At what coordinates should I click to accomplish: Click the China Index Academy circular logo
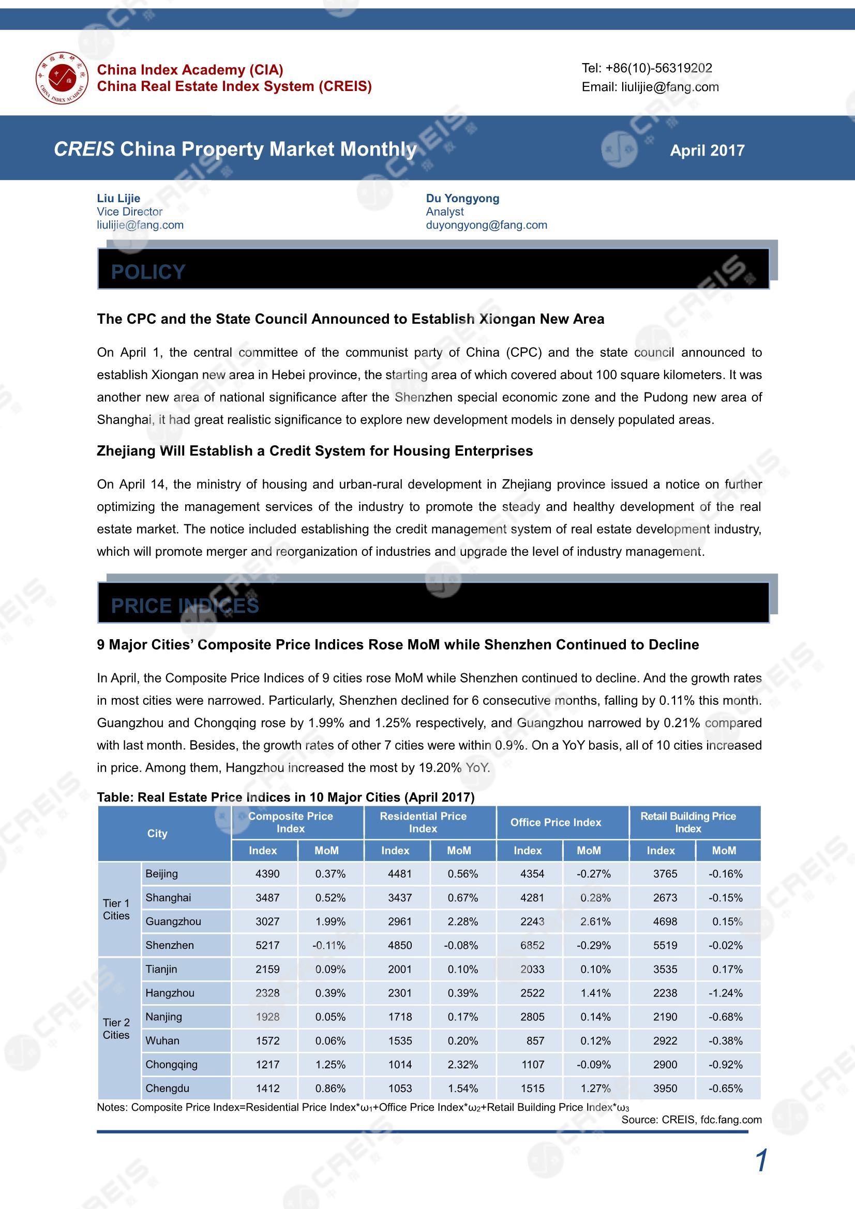pyautogui.click(x=62, y=78)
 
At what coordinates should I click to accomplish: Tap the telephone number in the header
pyautogui.click(x=647, y=68)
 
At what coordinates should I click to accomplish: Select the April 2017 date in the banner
pyautogui.click(x=707, y=150)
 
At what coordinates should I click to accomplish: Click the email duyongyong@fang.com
pyautogui.click(x=486, y=225)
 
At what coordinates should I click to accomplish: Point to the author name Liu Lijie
pyautogui.click(x=118, y=198)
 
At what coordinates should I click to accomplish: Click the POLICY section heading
pyautogui.click(x=148, y=271)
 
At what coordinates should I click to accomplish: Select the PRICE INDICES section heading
pyautogui.click(x=184, y=606)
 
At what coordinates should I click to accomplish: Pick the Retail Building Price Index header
pyautogui.click(x=687, y=822)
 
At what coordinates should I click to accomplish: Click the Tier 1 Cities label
pyautogui.click(x=116, y=910)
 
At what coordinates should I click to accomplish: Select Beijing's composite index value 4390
pyautogui.click(x=267, y=873)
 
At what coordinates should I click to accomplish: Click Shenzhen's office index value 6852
pyautogui.click(x=532, y=945)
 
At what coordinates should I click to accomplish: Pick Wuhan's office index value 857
pyautogui.click(x=535, y=1040)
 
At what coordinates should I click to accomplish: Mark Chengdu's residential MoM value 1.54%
pyautogui.click(x=462, y=1089)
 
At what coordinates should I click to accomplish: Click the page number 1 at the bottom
pyautogui.click(x=761, y=1161)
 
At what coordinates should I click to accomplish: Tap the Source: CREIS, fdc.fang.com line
pyautogui.click(x=691, y=1120)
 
